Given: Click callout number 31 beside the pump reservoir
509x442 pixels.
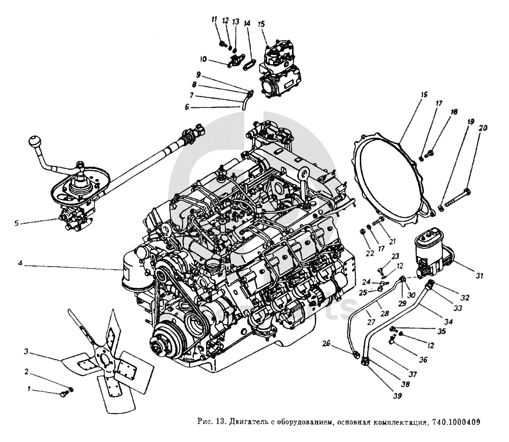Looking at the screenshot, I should coord(480,276).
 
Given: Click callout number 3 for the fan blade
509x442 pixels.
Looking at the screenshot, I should coord(27,352).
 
